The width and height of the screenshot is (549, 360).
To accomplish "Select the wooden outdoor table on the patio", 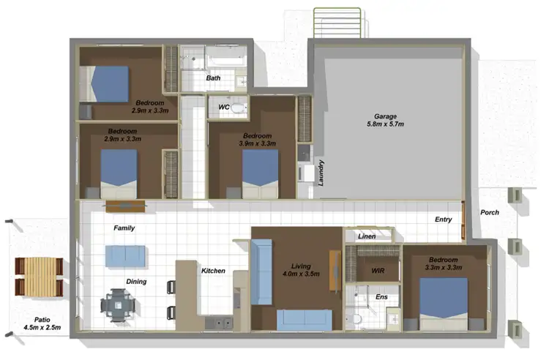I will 37,277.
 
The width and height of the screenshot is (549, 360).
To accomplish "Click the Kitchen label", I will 213,271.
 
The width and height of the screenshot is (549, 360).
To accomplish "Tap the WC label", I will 224,107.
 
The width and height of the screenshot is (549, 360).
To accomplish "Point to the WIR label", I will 378,271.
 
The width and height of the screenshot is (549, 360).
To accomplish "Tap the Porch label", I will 490,213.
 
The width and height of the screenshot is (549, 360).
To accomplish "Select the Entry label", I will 443,220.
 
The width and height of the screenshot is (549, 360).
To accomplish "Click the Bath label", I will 213,78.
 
